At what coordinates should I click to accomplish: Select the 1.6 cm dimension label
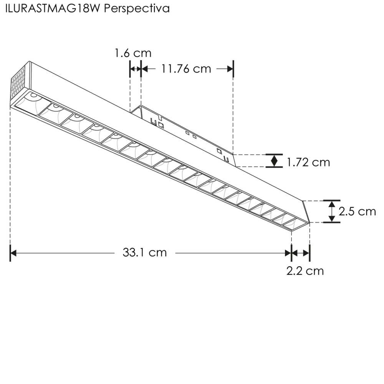pos(133,53)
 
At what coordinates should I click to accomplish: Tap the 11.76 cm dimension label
pos(186,69)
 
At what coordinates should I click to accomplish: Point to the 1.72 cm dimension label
pos(308,162)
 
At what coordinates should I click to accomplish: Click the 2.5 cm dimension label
pos(357,211)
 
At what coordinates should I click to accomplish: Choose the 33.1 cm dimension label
pos(145,252)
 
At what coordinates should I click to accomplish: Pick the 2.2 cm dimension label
pos(305,271)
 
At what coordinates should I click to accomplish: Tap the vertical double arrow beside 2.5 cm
pos(331,211)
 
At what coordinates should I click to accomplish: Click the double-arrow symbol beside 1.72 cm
pos(274,161)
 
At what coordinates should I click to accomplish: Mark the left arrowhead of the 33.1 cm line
pos(13,253)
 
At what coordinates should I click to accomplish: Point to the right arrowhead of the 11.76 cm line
pos(230,69)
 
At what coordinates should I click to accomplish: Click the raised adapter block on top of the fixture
pos(184,131)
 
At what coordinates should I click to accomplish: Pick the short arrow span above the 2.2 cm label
pos(301,253)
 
